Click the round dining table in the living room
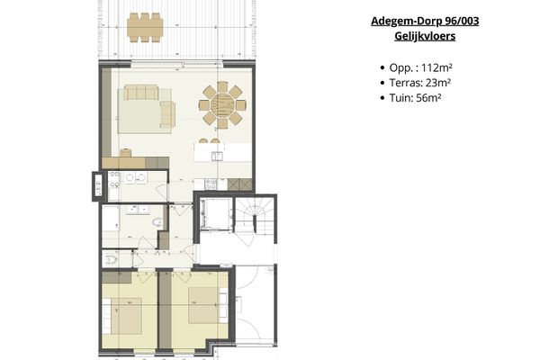pos(220,106)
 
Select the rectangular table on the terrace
pos(145,26)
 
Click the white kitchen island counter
pos(220,152)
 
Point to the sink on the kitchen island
pos(217,156)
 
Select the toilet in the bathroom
pos(157,220)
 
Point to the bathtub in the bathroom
pos(110,223)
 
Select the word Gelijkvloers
pos(424,37)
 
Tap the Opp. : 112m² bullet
pos(420,68)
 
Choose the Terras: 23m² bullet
pos(420,84)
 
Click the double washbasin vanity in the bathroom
pos(138,210)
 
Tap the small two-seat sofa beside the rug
pos(167,114)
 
